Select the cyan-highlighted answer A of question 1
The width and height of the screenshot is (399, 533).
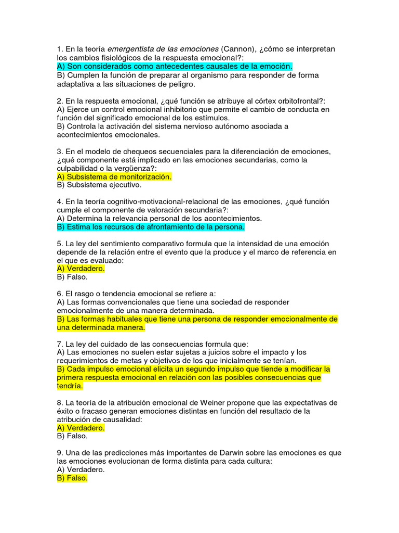(x=175, y=67)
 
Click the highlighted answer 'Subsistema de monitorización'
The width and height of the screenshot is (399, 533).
(x=114, y=176)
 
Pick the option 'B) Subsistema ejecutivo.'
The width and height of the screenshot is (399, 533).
(x=99, y=185)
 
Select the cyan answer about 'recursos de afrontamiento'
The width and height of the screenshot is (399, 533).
(x=151, y=227)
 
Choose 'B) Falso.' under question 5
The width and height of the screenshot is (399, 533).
(x=72, y=277)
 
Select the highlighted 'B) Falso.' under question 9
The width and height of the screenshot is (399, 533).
(x=72, y=478)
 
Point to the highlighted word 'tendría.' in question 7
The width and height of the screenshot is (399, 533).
(x=70, y=386)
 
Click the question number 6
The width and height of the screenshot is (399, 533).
(x=59, y=294)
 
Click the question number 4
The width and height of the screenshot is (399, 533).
(x=59, y=201)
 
